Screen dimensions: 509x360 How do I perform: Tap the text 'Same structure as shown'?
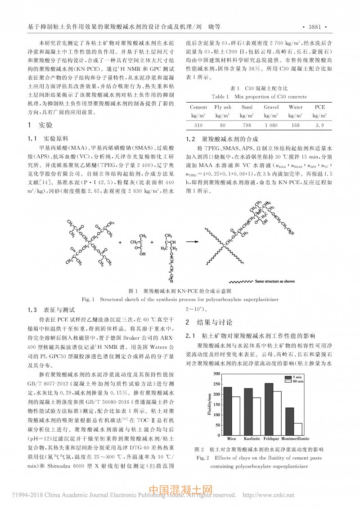tap(274, 281)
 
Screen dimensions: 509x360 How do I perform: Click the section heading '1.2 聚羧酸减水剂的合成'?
tap(219, 139)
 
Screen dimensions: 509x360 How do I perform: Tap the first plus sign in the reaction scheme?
tap(121, 242)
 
